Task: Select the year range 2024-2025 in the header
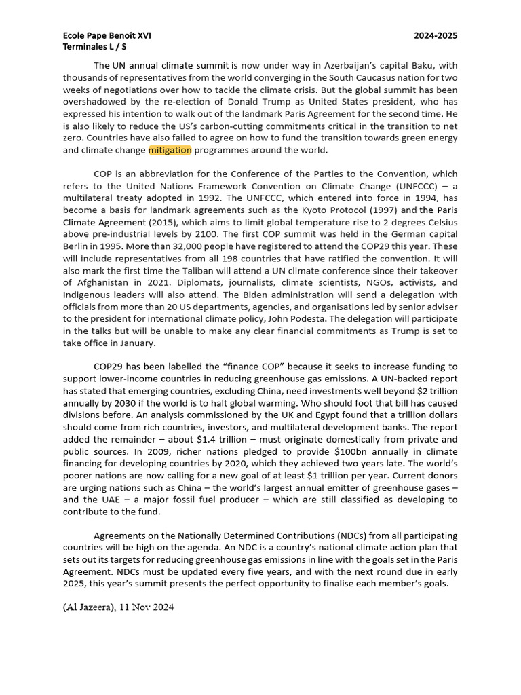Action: coord(436,35)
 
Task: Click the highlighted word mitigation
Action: coord(170,150)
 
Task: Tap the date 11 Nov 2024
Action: coord(148,607)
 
